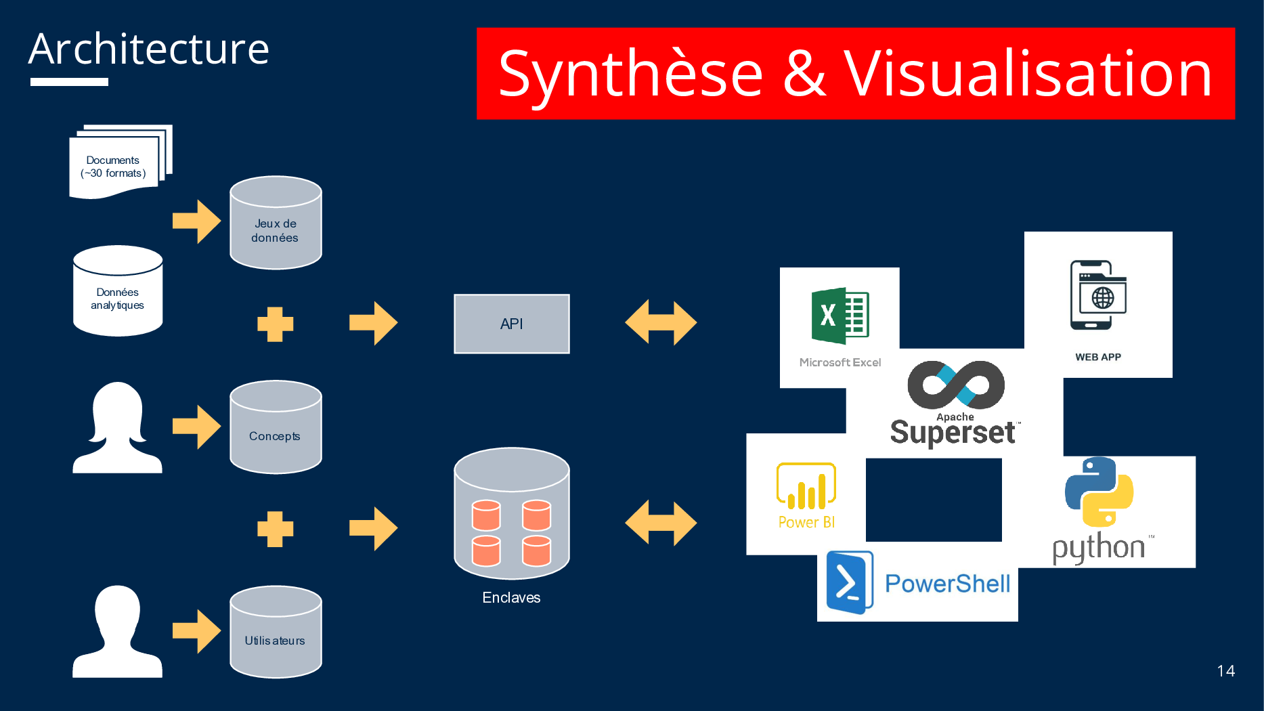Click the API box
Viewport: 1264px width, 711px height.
(511, 324)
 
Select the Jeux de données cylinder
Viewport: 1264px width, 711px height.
(276, 223)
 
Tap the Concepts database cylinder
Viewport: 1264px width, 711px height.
(276, 427)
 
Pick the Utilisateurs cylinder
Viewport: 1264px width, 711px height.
(276, 632)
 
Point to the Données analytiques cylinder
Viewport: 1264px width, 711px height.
(118, 291)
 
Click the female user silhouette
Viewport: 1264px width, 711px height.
(118, 427)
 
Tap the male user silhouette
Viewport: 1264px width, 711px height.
(118, 632)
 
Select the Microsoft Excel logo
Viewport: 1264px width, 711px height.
(840, 316)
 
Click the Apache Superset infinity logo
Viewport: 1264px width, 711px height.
(956, 385)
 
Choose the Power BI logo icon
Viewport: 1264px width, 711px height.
(806, 486)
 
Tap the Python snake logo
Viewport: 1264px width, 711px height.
(1099, 492)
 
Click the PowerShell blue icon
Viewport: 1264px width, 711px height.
(849, 582)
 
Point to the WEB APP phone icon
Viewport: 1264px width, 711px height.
(1097, 295)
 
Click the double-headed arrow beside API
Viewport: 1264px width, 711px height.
(661, 322)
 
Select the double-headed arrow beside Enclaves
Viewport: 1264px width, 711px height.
(661, 523)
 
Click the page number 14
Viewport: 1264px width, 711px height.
(1225, 671)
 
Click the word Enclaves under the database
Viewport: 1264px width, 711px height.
(511, 597)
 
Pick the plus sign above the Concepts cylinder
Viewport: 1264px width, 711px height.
(275, 324)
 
